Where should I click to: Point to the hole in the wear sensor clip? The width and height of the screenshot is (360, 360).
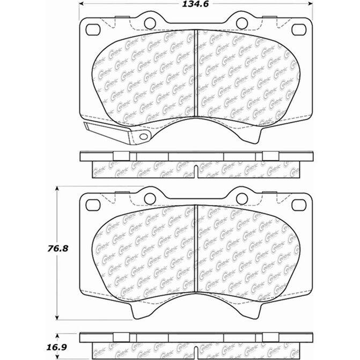tap(143, 137)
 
